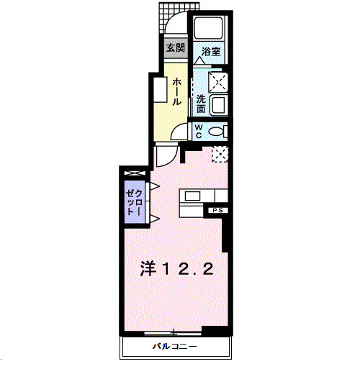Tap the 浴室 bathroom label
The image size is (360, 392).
(211, 52)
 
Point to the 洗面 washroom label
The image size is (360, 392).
(202, 104)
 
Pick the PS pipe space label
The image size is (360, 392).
(217, 210)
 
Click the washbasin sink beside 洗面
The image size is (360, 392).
(218, 106)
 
